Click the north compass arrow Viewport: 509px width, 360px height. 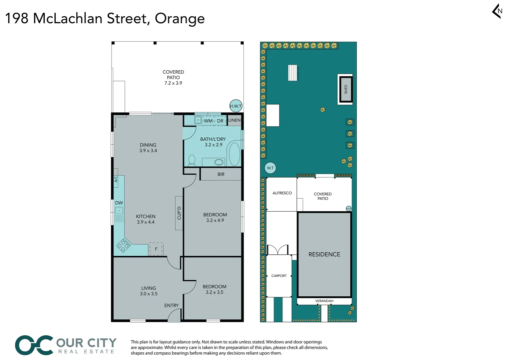(x=497, y=11)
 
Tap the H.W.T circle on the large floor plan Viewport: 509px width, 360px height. (x=236, y=106)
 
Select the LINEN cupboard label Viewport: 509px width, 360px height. (x=234, y=120)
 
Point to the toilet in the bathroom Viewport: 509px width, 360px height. (x=192, y=160)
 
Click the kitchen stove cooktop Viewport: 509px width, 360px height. (x=123, y=246)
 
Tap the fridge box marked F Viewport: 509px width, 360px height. (x=156, y=249)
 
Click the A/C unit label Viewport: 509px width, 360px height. (x=116, y=179)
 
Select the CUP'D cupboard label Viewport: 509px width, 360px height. (x=179, y=213)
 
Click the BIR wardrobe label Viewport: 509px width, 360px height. (x=221, y=174)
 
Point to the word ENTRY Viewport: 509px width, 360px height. (x=171, y=305)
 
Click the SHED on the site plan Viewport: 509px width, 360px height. (x=346, y=89)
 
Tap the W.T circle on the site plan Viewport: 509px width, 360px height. (x=270, y=168)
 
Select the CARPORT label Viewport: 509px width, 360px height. (x=279, y=276)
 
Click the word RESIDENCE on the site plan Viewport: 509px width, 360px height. (x=324, y=254)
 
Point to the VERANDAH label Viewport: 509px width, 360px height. (x=324, y=301)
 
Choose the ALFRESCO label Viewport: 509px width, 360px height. (x=282, y=193)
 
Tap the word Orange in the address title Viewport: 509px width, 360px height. (x=180, y=19)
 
